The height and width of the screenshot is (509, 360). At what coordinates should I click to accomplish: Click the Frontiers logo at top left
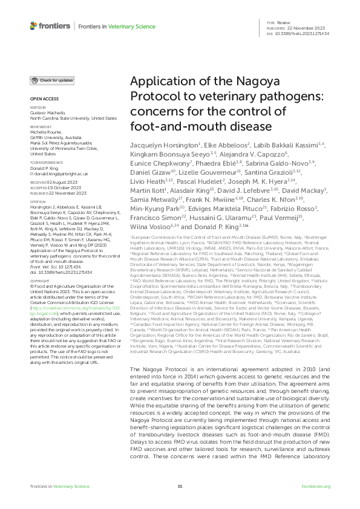click(x=45, y=26)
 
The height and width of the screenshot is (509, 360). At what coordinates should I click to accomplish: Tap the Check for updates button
click(x=53, y=80)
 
